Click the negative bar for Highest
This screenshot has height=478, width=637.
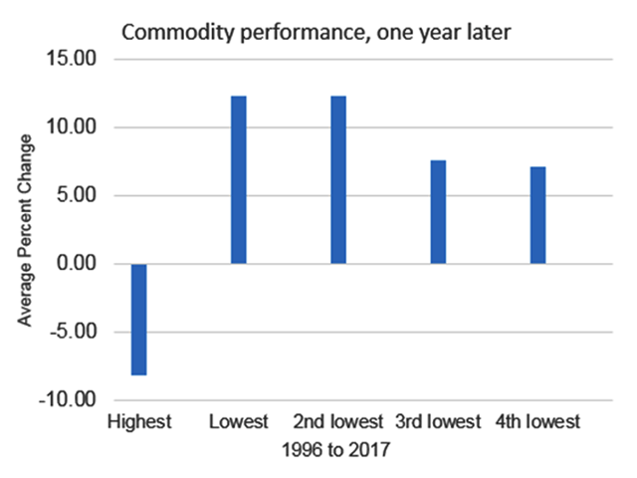coord(138,319)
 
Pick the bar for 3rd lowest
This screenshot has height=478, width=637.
coord(438,211)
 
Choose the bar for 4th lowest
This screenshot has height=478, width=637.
coord(537,214)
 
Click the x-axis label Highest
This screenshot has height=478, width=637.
coord(138,422)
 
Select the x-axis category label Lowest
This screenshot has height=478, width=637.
coord(238,422)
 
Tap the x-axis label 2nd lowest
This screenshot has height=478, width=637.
coord(338,422)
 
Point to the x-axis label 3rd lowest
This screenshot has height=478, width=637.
coord(438,422)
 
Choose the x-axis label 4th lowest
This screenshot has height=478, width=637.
coord(537,422)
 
